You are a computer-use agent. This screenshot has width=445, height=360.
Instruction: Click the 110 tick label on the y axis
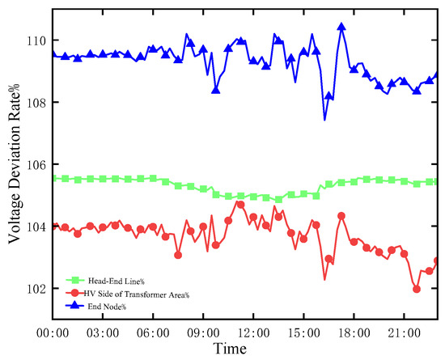[36, 41]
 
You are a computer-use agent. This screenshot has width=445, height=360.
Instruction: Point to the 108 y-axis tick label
[36, 103]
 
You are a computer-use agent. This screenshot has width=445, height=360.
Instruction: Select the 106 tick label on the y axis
[36, 165]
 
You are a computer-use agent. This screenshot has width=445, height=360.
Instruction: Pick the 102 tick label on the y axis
[36, 289]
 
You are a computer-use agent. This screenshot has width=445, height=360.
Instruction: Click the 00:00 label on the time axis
[53, 333]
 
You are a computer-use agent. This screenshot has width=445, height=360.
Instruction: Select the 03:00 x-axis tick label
[103, 333]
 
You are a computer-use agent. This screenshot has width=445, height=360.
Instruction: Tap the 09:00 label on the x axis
[203, 333]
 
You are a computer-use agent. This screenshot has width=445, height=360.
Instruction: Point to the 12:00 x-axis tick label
[253, 333]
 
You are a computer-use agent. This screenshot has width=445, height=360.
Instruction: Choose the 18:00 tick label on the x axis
[354, 333]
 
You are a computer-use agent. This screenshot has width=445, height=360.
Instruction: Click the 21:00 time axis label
[404, 333]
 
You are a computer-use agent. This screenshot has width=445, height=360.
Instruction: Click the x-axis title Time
[230, 349]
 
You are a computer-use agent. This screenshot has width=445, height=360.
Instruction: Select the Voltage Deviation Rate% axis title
[14, 163]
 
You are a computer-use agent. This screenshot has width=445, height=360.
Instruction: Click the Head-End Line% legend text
[117, 282]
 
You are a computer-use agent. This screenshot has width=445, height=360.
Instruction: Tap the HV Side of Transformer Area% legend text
[137, 294]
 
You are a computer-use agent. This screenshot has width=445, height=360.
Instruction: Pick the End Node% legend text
[107, 307]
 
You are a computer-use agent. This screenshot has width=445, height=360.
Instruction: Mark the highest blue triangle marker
[341, 27]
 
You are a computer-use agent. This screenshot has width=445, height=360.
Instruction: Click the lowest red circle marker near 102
[417, 289]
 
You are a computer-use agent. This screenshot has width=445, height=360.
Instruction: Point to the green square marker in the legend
[75, 280]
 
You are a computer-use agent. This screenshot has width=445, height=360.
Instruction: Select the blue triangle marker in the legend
[75, 305]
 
